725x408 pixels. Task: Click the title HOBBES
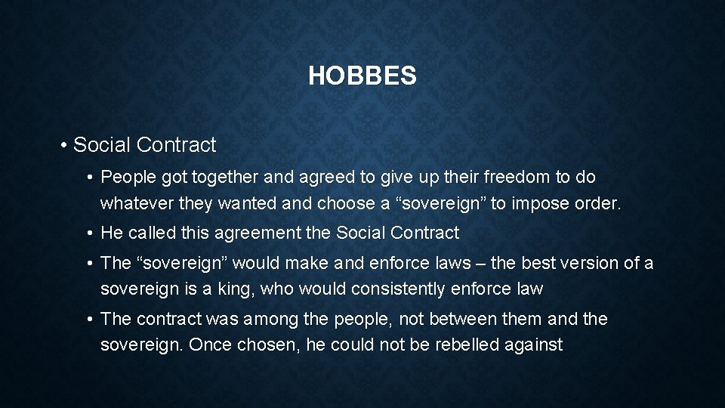(x=362, y=76)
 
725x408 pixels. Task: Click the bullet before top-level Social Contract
(x=66, y=145)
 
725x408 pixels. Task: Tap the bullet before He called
(x=89, y=233)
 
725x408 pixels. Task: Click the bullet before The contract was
(x=89, y=320)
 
